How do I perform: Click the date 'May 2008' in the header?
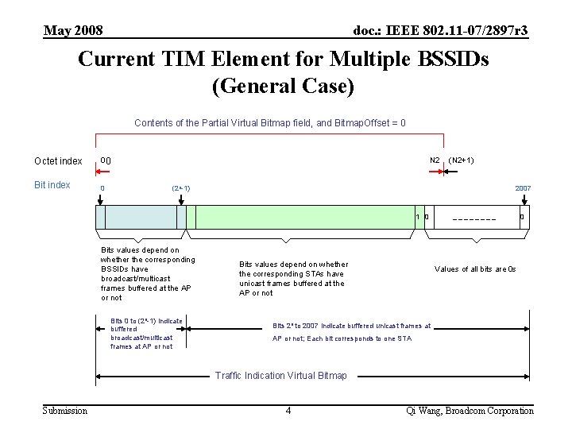[73, 31]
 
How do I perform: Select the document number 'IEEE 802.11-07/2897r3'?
[441, 31]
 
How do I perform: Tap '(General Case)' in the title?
[283, 86]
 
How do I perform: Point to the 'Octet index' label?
[58, 161]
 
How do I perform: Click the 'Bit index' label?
[52, 185]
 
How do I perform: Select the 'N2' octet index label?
[435, 160]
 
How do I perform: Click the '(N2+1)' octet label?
[462, 160]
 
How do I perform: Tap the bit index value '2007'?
[523, 188]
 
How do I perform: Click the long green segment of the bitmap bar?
[306, 217]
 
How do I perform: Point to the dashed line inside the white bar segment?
[473, 219]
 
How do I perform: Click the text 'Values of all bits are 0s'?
[475, 269]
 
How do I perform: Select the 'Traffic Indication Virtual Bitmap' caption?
[281, 376]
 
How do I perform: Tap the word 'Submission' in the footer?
[65, 411]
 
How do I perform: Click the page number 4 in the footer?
[288, 411]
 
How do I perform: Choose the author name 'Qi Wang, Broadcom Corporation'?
[470, 411]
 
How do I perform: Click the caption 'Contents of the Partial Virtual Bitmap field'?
[270, 123]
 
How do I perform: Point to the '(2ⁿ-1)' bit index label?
[180, 188]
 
